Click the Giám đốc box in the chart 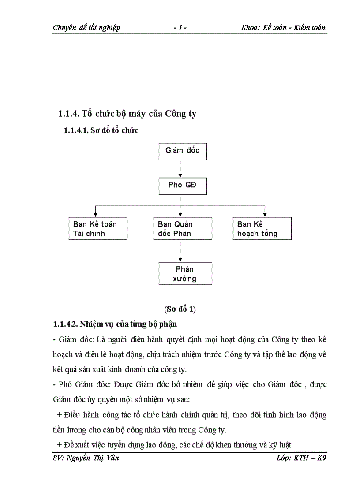(x=182, y=151)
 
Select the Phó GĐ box (x=182, y=186)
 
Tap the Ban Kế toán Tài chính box (x=98, y=228)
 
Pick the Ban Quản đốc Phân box (x=180, y=228)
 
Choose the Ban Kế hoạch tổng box (x=262, y=228)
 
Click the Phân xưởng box (x=185, y=273)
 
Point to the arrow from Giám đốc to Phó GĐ (x=180, y=168)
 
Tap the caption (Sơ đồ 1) (x=180, y=309)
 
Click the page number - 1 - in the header (x=180, y=27)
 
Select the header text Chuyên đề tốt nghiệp (x=86, y=27)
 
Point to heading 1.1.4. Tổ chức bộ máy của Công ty (x=127, y=114)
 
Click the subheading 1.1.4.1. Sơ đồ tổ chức (x=101, y=130)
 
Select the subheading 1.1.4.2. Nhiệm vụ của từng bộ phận (x=115, y=324)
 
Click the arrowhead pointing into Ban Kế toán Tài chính (x=95, y=214)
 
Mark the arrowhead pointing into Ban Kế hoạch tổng (x=265, y=214)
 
